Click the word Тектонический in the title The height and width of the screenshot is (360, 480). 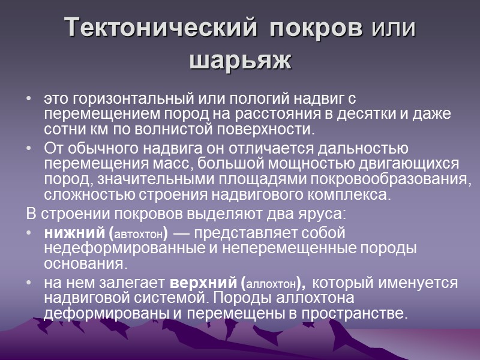(x=162, y=29)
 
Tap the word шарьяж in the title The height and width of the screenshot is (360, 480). (x=240, y=60)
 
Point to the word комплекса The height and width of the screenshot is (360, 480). (x=355, y=195)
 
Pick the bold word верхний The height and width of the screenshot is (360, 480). (x=205, y=283)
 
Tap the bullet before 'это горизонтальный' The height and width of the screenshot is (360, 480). (x=30, y=98)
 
